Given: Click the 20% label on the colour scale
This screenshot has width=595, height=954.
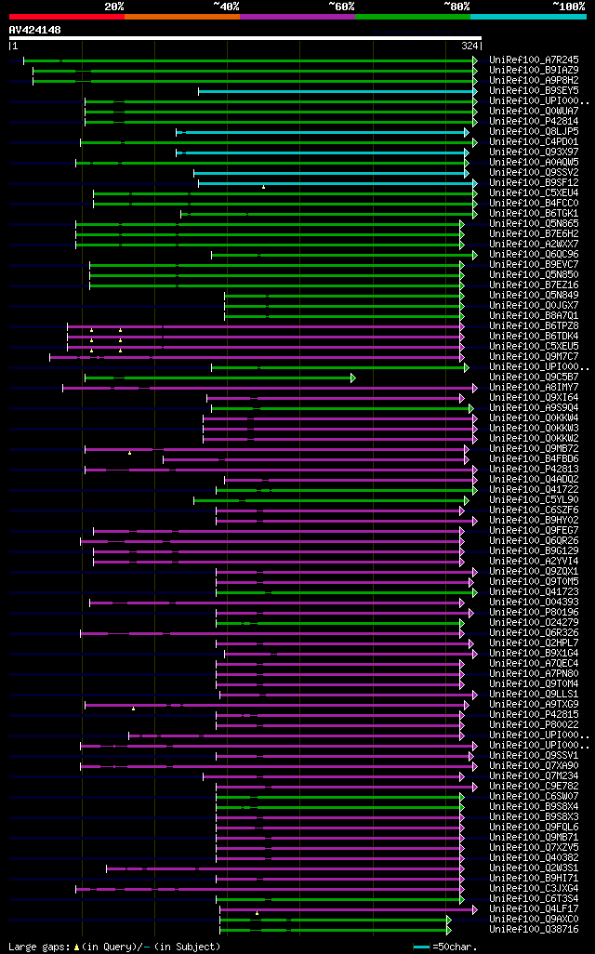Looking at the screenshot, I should [x=113, y=6].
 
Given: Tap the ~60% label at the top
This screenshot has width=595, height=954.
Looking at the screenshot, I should [x=341, y=6].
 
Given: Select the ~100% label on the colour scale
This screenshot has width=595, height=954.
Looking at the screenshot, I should [x=568, y=6].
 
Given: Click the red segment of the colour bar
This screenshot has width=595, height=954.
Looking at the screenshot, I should [x=66, y=16].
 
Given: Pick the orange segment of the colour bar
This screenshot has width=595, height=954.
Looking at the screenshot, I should [x=181, y=16].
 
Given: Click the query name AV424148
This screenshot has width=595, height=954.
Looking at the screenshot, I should [x=35, y=30].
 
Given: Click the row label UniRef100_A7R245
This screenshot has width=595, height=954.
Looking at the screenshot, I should [x=534, y=60].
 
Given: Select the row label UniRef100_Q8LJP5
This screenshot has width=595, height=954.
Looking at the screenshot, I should [x=534, y=132].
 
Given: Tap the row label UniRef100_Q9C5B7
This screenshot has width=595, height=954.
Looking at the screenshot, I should [x=534, y=378].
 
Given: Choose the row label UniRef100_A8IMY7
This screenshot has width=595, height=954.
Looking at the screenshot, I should [x=534, y=388].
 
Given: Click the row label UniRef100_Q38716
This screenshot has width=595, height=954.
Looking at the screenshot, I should [x=534, y=929].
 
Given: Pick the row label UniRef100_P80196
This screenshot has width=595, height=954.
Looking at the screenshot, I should [x=534, y=613].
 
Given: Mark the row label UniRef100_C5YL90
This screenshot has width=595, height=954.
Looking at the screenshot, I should [x=534, y=500].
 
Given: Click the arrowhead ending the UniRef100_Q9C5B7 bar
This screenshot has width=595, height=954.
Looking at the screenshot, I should [x=352, y=378].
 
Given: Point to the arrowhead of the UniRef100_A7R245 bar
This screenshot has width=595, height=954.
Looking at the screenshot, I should [x=475, y=60].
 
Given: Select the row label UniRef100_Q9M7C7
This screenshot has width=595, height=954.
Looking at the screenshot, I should [x=534, y=357].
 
